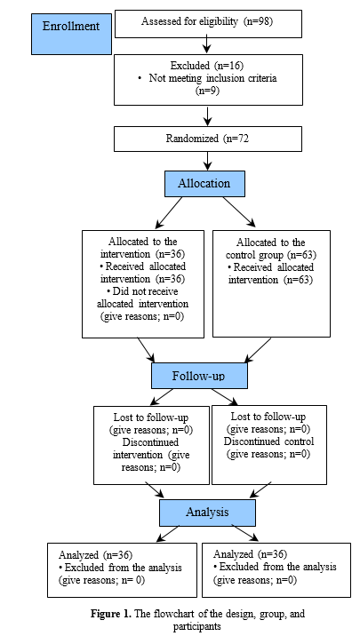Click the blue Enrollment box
(x=71, y=34)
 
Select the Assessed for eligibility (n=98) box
(x=209, y=24)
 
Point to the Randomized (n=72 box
(x=208, y=139)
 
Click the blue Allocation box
(x=204, y=184)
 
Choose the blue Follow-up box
(x=199, y=376)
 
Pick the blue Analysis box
(x=207, y=513)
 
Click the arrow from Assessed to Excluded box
(x=207, y=45)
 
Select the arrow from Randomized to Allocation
(x=208, y=161)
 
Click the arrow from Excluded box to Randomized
(x=208, y=115)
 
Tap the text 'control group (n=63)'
(x=271, y=255)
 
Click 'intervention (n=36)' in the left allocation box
(x=142, y=255)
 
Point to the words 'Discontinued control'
(x=268, y=441)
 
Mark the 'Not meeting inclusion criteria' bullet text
(x=212, y=78)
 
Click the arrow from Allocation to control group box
(x=239, y=211)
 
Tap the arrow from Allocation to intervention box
(x=169, y=212)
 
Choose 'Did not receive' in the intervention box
(x=142, y=291)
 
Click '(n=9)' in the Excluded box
(x=207, y=91)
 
